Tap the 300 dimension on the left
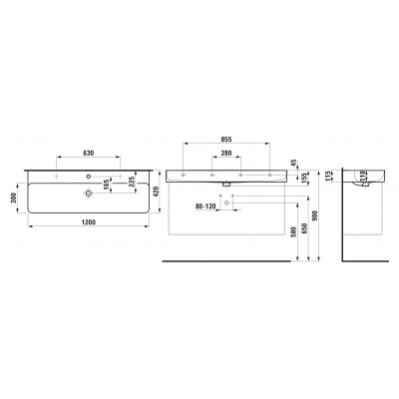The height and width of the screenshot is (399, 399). tap(13, 198)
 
